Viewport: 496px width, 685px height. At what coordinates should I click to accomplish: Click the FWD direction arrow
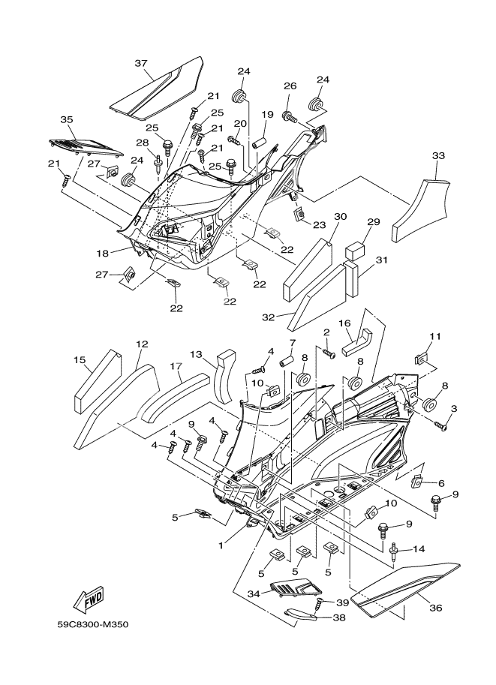point(89,599)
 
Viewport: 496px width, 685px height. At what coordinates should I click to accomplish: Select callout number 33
point(439,155)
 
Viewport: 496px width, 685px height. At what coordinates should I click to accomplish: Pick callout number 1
point(221,545)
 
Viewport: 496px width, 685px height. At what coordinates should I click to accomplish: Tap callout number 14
point(419,548)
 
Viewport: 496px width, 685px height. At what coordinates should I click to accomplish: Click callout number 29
point(374,222)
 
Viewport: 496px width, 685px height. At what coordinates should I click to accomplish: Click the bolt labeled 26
point(288,116)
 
